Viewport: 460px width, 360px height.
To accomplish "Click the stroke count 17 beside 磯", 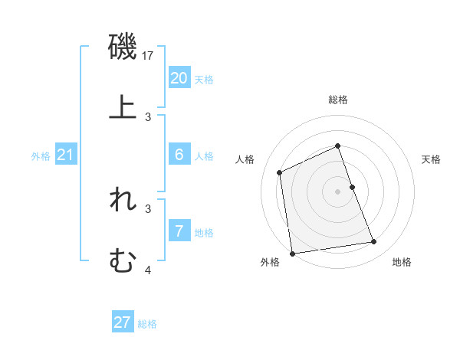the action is pyautogui.click(x=149, y=56).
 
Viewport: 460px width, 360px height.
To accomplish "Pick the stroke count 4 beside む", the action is pyautogui.click(x=149, y=270).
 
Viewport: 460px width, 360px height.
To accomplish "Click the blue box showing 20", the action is pyautogui.click(x=179, y=77).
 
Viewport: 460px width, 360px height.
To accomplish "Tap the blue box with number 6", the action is pyautogui.click(x=179, y=155).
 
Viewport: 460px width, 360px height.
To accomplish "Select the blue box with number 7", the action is pyautogui.click(x=179, y=231).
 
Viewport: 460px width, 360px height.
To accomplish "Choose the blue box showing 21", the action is pyautogui.click(x=66, y=155).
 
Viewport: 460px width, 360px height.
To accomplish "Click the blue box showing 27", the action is pyautogui.click(x=122, y=322).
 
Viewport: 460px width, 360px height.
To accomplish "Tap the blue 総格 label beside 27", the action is pyautogui.click(x=147, y=324).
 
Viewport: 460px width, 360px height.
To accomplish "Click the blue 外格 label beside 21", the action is pyautogui.click(x=41, y=156).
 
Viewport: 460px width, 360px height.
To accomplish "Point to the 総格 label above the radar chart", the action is pyautogui.click(x=337, y=100).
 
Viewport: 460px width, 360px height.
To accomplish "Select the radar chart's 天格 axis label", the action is pyautogui.click(x=432, y=159).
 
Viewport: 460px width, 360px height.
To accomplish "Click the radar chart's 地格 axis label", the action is pyautogui.click(x=402, y=263).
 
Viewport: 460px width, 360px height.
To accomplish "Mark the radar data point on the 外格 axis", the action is pyautogui.click(x=292, y=253).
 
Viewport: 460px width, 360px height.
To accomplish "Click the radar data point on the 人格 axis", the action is pyautogui.click(x=280, y=172).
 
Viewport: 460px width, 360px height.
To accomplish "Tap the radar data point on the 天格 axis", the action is pyautogui.click(x=352, y=187).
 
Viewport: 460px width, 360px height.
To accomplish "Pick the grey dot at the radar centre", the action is pyautogui.click(x=337, y=191).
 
